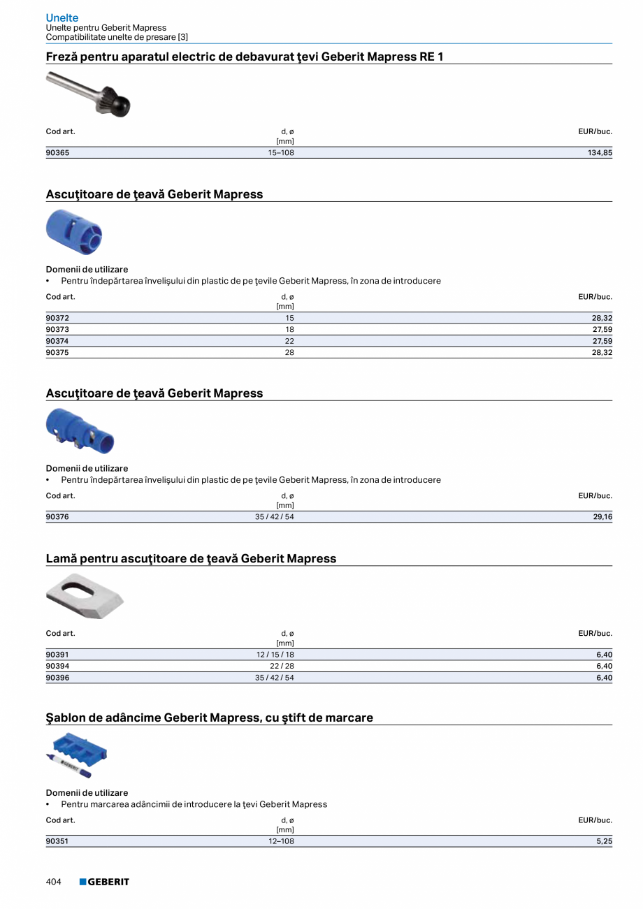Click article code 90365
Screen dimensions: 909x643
tap(57, 153)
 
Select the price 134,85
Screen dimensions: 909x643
tap(600, 153)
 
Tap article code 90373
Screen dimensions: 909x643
tap(57, 329)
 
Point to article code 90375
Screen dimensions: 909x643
tap(57, 353)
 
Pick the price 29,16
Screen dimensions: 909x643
tap(602, 517)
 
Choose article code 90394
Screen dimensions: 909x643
tap(57, 666)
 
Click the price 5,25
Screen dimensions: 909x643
tap(604, 841)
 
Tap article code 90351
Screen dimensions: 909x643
tap(57, 841)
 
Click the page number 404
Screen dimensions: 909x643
tap(54, 882)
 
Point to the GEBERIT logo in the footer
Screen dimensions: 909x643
tap(104, 882)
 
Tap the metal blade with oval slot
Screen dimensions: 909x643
tap(84, 595)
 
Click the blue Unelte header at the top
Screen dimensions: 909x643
tap(62, 17)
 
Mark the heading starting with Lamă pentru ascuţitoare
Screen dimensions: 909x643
tap(191, 558)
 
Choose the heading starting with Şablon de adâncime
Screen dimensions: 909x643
tap(209, 718)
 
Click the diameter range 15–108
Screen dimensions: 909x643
tap(281, 153)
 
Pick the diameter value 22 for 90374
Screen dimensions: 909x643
tap(289, 341)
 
